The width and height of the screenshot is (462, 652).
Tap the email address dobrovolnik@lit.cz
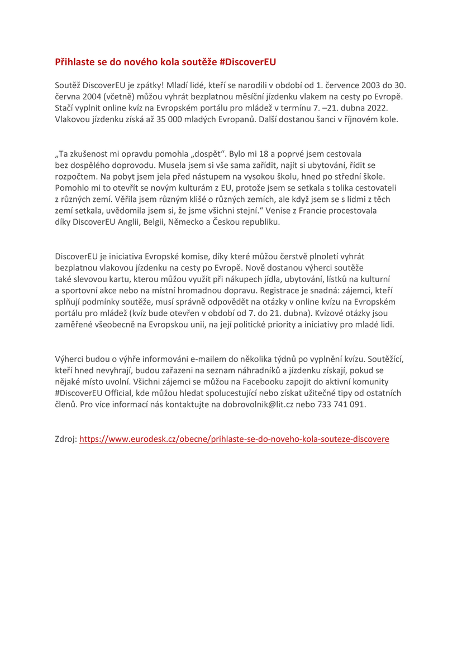[266, 404]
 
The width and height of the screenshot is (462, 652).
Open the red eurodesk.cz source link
[234, 439]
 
